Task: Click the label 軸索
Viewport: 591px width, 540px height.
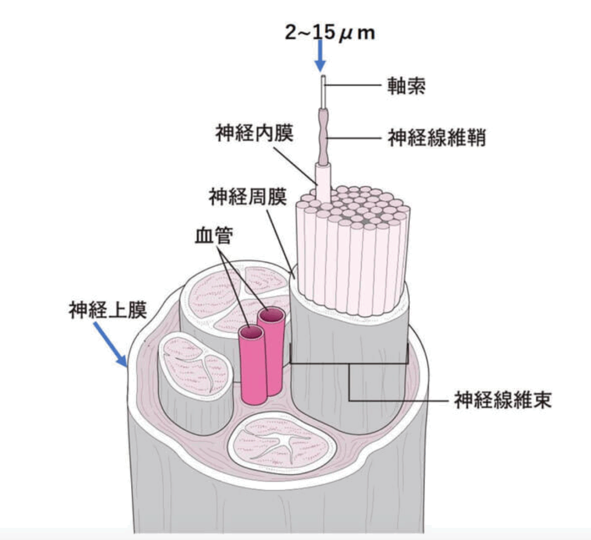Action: point(407,87)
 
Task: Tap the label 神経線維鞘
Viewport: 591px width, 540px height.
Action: point(436,139)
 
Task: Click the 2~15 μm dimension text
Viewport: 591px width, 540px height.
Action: point(330,32)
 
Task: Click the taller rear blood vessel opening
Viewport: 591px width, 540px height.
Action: point(271,315)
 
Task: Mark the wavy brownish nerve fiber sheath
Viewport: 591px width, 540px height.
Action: point(323,136)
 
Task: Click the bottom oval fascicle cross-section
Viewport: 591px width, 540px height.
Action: point(281,442)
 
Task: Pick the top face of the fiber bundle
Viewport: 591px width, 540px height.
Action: point(356,206)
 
